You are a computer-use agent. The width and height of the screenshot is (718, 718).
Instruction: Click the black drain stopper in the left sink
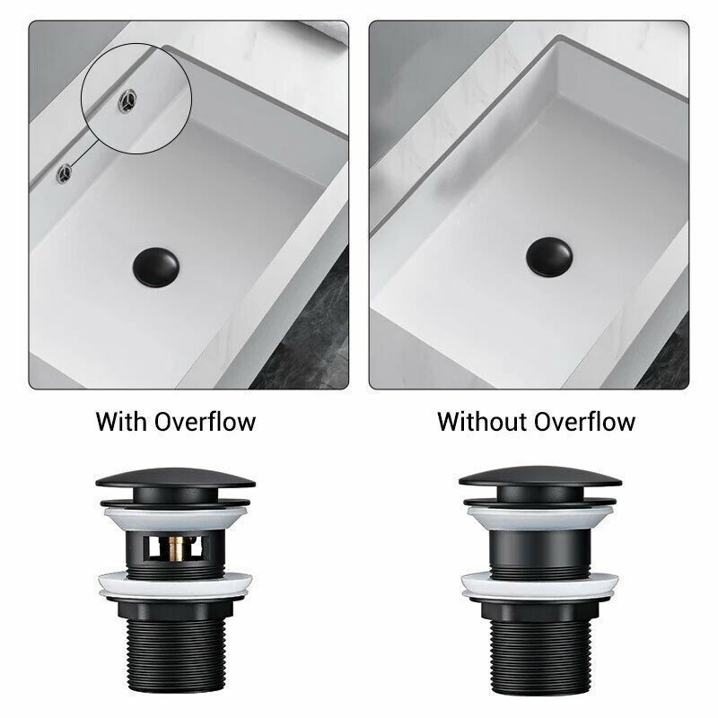pos(155,267)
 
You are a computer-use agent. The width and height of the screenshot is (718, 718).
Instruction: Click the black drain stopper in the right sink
pos(549,257)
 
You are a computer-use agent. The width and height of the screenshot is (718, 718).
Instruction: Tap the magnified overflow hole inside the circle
pos(127,101)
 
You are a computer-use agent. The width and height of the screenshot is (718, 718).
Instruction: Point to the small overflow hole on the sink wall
pos(64,173)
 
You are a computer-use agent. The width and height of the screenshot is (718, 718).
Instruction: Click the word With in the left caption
pos(121,421)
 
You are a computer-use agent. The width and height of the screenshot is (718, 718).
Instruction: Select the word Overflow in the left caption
pos(205,421)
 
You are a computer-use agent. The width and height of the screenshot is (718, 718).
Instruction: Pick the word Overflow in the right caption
pos(584,421)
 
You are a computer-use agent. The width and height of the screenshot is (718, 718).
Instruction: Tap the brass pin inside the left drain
pos(175,548)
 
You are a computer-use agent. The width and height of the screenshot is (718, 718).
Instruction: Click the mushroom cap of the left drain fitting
pos(175,479)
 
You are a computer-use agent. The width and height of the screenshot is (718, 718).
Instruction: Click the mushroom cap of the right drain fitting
pos(540,477)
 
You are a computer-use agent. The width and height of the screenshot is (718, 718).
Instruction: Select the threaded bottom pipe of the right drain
pos(541,662)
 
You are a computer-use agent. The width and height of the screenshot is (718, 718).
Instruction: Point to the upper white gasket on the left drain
pos(175,518)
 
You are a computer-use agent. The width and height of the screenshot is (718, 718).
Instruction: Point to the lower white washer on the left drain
pos(175,586)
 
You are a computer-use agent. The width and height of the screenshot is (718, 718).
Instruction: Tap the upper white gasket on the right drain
pos(540,518)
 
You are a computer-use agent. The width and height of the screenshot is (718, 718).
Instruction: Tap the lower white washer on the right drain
pos(540,586)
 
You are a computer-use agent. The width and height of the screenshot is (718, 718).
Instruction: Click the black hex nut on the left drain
pos(176,609)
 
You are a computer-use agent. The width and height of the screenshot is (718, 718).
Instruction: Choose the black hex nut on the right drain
pos(540,610)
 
